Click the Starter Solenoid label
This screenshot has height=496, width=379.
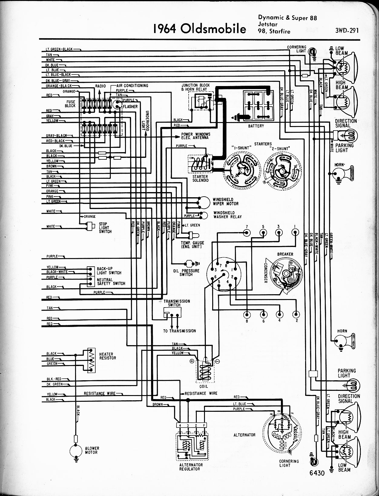(200, 178)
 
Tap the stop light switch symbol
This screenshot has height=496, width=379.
(90, 226)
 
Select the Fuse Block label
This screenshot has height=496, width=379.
(70, 104)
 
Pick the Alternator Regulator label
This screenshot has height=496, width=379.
(191, 467)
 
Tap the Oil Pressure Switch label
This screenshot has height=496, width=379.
(186, 272)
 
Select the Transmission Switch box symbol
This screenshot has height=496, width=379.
(167, 314)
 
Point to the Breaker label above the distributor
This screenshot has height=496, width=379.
(285, 254)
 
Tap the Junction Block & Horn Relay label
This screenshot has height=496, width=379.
(196, 87)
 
